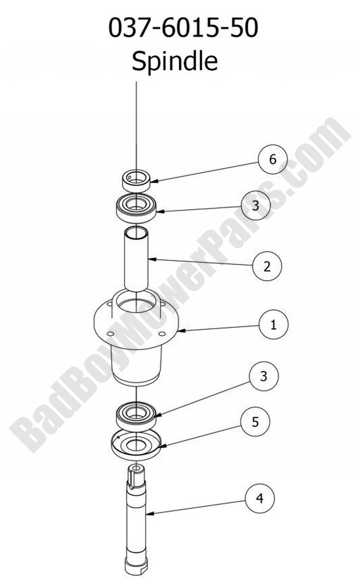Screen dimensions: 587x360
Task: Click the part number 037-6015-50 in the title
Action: pos(183,28)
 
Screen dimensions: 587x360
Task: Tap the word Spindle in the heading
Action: pos(175,61)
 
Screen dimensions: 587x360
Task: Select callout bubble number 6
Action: pos(273,159)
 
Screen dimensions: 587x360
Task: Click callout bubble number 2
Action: pos(267,266)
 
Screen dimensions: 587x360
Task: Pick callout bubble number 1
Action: pos(273,325)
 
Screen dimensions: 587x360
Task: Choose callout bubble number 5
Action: pos(255,422)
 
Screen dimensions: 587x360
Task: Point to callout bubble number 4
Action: pos(260,498)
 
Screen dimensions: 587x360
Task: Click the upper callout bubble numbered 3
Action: pos(255,205)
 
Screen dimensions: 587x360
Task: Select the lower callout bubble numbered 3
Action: pos(263,376)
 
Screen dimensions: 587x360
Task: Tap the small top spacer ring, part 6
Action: pos(136,181)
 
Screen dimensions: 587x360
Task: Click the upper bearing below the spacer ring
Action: pos(136,208)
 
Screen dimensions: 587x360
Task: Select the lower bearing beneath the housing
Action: pos(136,415)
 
